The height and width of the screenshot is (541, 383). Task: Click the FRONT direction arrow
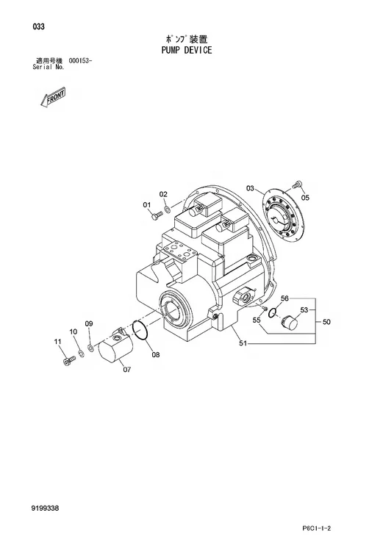52,96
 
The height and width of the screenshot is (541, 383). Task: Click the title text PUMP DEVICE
187,51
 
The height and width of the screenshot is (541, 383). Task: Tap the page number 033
39,26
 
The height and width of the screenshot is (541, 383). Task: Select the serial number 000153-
80,61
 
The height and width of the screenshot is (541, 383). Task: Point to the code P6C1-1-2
315,528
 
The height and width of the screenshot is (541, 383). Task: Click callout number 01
147,205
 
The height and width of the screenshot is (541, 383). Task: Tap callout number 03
250,188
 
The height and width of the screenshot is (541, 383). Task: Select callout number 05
305,198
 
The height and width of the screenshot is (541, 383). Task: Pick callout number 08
156,354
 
